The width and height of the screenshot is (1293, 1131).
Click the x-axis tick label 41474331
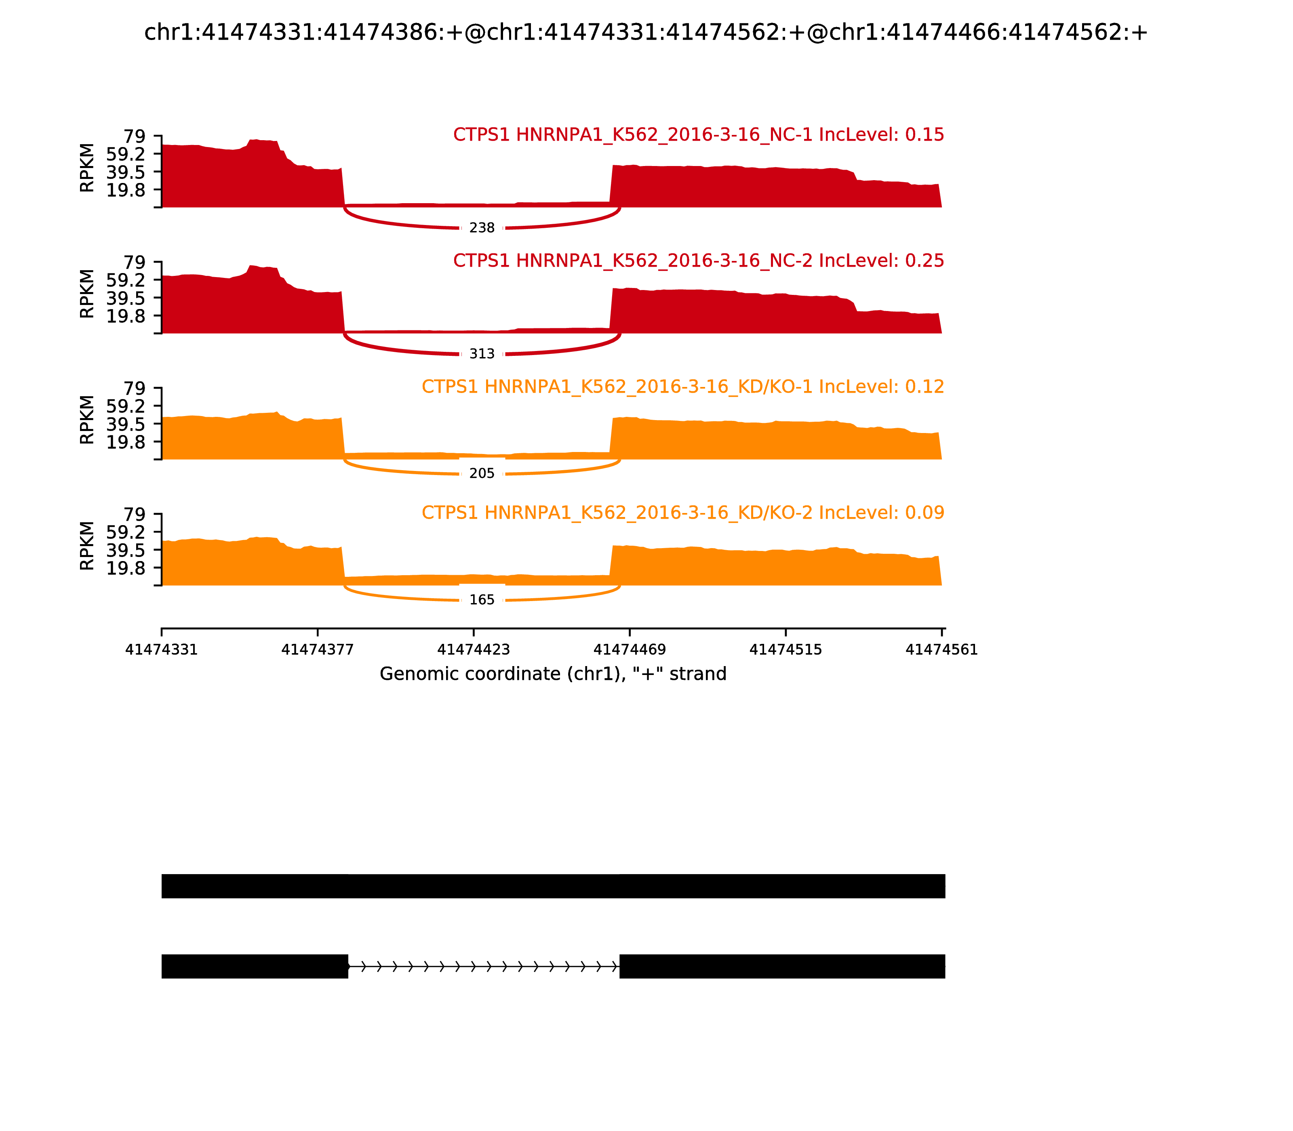pos(162,650)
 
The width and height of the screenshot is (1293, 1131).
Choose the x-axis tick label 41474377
pos(318,650)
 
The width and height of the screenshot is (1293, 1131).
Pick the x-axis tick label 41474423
pos(474,650)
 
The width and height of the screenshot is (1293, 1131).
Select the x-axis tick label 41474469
pos(630,650)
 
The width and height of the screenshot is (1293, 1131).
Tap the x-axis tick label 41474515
pos(785,650)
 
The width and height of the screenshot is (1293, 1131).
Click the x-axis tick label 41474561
pos(941,650)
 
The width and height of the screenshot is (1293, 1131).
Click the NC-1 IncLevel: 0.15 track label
pos(698,135)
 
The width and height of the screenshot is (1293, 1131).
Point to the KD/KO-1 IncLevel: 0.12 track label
pos(682,387)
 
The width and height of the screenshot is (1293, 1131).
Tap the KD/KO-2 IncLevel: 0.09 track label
pos(682,513)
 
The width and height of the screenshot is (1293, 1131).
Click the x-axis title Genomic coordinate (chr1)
pos(553,674)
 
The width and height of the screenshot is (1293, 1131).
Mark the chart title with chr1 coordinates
pos(646,33)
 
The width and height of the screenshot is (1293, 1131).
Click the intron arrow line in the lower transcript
pos(484,966)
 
